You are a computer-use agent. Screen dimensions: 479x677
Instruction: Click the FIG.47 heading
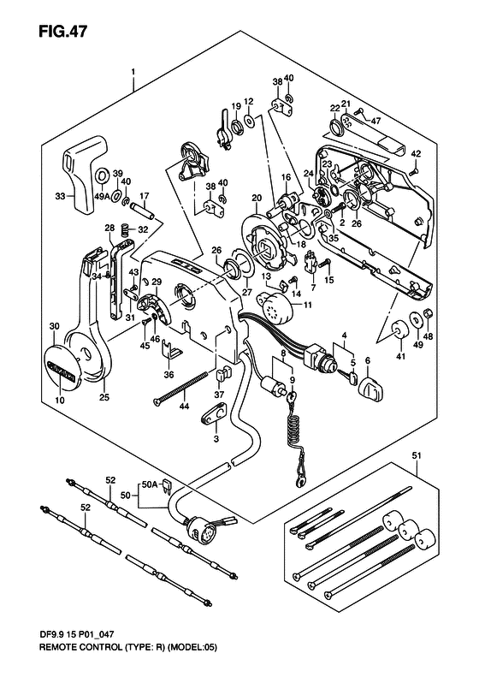point(62,32)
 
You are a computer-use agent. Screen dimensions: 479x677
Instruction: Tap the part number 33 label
point(60,197)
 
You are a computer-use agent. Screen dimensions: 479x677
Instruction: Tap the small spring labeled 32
point(125,229)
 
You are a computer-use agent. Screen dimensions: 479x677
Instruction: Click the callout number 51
point(416,456)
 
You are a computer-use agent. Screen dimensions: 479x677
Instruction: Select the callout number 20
point(257,199)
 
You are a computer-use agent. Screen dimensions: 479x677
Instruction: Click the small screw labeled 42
point(412,171)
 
